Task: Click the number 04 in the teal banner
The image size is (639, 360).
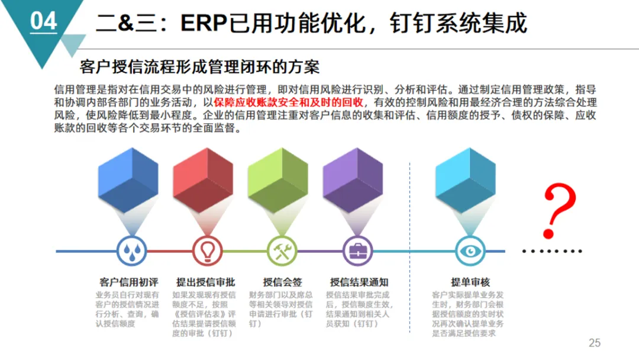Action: click(43, 21)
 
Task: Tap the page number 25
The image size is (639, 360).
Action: click(595, 343)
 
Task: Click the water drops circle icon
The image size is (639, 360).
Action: click(131, 251)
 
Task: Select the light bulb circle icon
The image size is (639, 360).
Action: click(206, 251)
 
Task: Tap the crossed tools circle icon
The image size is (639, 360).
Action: click(282, 251)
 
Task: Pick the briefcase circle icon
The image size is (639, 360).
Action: click(357, 251)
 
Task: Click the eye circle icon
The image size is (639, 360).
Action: click(470, 251)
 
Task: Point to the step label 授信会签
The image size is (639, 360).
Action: click(282, 282)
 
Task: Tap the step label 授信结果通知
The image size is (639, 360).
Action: click(359, 282)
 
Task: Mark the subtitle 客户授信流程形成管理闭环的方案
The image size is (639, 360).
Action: click(199, 66)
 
